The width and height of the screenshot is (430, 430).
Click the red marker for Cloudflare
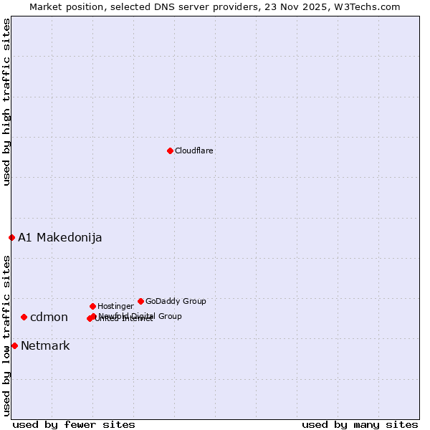(170, 150)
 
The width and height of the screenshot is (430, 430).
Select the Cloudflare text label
(194, 151)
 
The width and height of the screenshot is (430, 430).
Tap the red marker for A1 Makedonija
(11, 237)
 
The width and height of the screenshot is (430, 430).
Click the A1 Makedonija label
(60, 238)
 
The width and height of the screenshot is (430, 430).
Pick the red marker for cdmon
(24, 317)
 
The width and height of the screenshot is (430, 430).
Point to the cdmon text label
(49, 317)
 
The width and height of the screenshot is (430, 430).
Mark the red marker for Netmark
(14, 345)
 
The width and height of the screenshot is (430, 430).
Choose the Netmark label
(45, 346)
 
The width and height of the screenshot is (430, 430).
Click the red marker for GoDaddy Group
(140, 301)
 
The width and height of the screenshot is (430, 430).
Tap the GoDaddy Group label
(176, 302)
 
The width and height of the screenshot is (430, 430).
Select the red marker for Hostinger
(92, 306)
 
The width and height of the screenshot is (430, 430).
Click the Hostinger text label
(115, 307)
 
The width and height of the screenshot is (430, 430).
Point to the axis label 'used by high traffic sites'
(7, 102)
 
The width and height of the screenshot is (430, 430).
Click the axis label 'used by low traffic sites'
(7, 335)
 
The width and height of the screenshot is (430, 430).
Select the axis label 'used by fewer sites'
(74, 425)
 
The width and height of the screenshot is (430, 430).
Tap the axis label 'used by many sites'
(360, 425)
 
